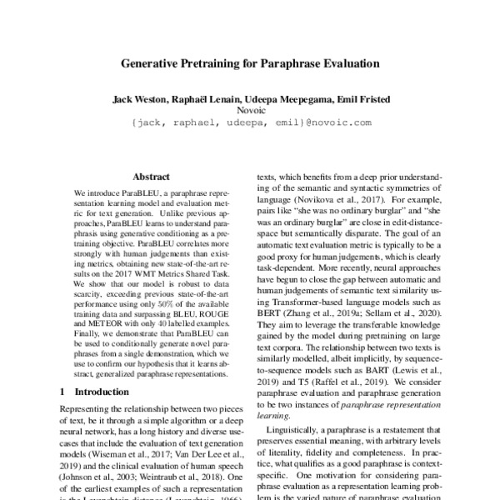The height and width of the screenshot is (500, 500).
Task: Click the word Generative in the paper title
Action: (151, 62)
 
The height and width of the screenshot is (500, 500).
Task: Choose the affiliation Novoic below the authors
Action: (250, 109)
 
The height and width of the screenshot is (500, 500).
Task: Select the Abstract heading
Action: (152, 177)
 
